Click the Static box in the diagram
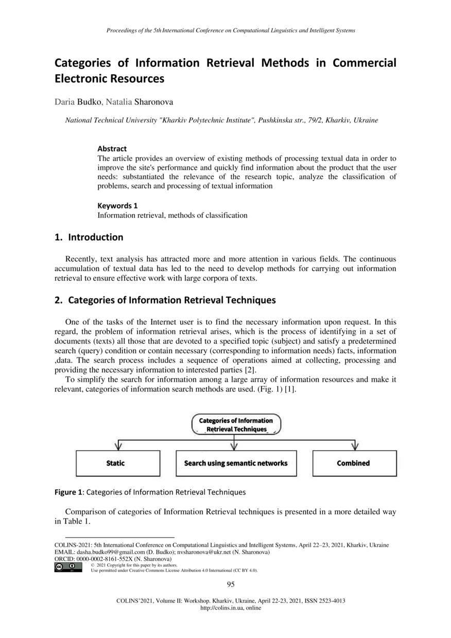click(115, 463)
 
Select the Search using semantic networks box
click(236, 463)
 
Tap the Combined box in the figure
click(354, 463)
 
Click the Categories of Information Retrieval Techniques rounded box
click(236, 424)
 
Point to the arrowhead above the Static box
click(119, 446)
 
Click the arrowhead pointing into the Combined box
click(354, 446)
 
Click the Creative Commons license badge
click(68, 568)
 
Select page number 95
click(231, 584)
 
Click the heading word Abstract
click(112, 149)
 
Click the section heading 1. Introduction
click(89, 237)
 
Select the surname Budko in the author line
click(90, 102)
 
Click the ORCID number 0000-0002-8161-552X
click(105, 559)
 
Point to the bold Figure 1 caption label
click(68, 492)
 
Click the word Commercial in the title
click(365, 63)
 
